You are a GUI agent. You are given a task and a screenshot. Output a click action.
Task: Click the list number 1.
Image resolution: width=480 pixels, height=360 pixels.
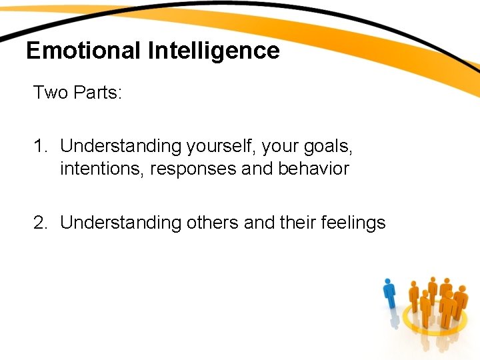(x=39, y=145)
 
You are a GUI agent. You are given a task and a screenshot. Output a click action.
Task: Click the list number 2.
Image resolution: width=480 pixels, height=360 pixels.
(x=40, y=223)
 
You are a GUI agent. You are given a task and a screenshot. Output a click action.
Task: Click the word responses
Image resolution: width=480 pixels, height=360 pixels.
(x=193, y=169)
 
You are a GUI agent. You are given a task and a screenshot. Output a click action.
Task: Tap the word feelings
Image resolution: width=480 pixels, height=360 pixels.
(x=355, y=223)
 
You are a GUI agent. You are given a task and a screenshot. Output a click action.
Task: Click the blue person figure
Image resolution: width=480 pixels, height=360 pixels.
(x=389, y=297)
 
